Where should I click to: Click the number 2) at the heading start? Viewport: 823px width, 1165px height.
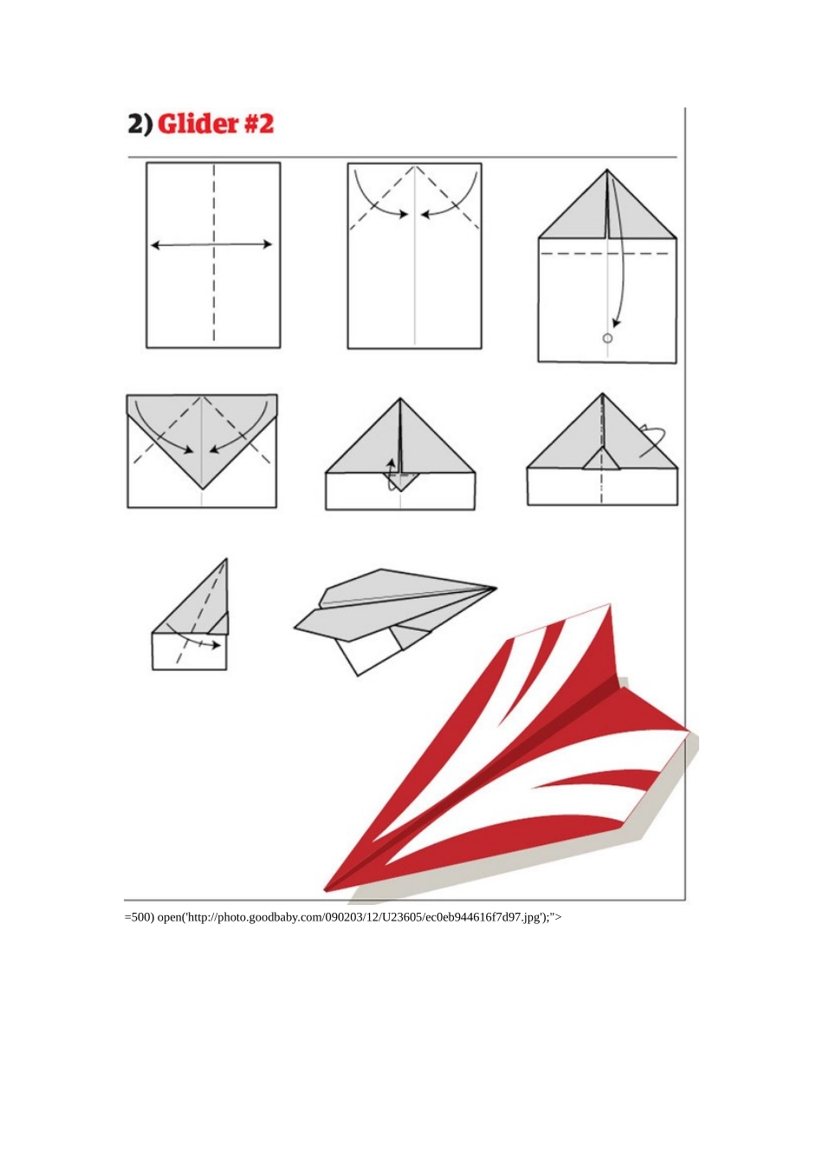(139, 124)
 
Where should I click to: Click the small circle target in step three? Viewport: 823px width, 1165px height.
(607, 339)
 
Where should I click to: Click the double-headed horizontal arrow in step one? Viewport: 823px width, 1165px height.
(211, 244)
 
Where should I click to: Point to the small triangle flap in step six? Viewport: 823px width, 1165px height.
(601, 459)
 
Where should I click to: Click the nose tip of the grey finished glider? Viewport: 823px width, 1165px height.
(496, 589)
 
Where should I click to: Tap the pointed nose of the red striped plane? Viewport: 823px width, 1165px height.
(326, 890)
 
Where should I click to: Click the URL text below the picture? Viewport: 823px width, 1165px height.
(343, 917)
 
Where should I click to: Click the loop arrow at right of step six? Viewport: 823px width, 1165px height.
(652, 440)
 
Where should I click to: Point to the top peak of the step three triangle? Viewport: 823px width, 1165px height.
(606, 170)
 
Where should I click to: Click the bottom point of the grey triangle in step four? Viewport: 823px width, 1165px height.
(202, 489)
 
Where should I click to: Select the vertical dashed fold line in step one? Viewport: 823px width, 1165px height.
(214, 255)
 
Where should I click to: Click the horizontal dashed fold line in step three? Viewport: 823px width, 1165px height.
(606, 254)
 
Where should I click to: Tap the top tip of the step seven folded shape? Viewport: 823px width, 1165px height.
(227, 559)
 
